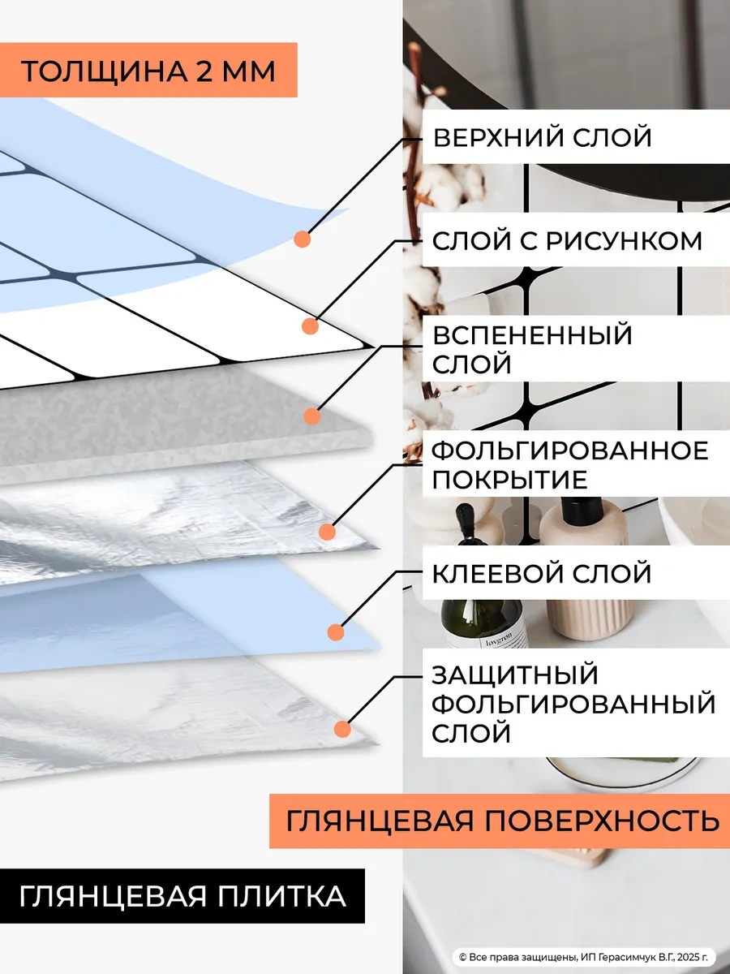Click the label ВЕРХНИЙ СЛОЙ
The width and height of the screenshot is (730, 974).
coord(542,137)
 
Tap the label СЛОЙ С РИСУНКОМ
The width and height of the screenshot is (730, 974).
coord(567,240)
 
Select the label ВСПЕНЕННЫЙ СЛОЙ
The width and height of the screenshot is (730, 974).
coord(531,349)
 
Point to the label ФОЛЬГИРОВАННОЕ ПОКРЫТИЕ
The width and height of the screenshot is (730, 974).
coord(569,464)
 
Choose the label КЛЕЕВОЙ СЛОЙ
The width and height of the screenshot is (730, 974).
coord(542,573)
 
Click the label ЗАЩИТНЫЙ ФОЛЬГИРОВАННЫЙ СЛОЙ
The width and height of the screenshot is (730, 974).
coord(573,704)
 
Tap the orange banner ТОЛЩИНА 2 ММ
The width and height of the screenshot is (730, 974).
coord(148,71)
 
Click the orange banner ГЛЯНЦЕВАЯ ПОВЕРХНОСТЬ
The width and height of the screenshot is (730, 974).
coord(501,820)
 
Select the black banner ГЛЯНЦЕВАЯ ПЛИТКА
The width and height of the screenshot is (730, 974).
coord(182,896)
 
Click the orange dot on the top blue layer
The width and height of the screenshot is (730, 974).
coord(303,239)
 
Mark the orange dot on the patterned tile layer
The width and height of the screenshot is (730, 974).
coord(309,326)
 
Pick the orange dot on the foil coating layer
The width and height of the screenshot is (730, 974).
coord(327,532)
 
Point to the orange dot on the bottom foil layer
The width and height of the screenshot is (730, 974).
coord(342,728)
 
